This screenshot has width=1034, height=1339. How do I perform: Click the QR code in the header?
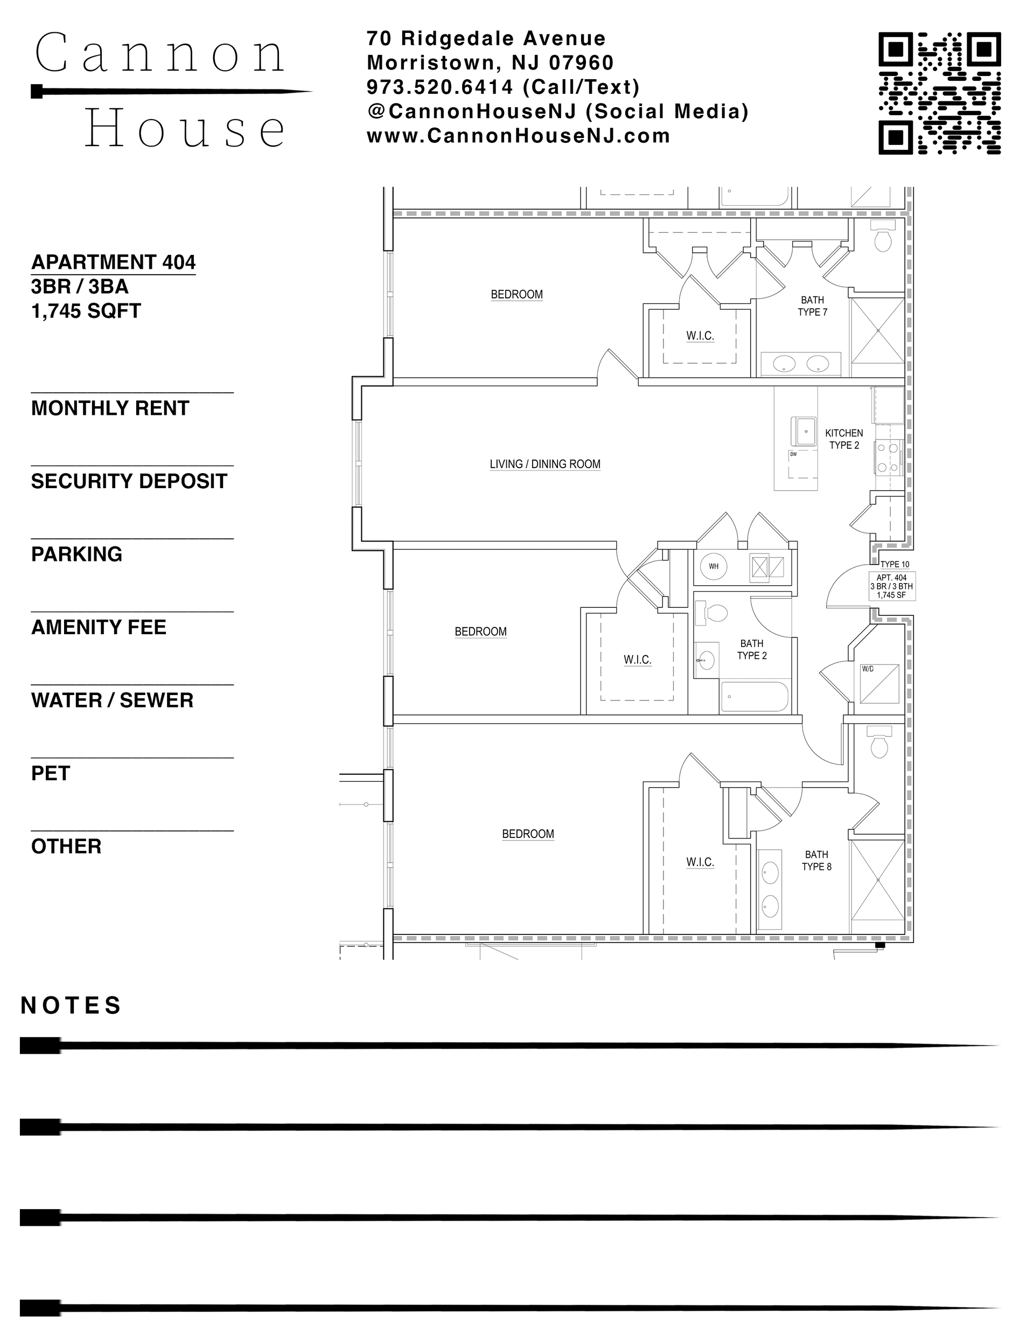pos(939,93)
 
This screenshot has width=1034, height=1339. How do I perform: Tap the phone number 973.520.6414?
pos(439,87)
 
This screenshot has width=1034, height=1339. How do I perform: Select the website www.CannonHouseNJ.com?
pos(519,135)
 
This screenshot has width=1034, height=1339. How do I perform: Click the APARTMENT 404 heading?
pos(114,262)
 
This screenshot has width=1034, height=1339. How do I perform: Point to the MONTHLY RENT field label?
pos(110,408)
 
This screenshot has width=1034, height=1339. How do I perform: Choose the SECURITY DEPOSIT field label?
pos(129,481)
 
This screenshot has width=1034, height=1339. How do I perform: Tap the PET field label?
pos(50,773)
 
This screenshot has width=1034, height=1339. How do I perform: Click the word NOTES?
pos(71,1005)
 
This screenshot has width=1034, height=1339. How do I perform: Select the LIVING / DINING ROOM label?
pos(545,464)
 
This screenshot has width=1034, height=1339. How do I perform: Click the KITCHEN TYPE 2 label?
pos(844,439)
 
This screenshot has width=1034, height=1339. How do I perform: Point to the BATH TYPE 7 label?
pos(812,306)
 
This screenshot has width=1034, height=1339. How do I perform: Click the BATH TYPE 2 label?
pos(751,649)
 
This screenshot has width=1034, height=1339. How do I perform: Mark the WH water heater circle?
pos(714,566)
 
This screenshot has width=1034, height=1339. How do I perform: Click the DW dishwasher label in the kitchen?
pos(793,454)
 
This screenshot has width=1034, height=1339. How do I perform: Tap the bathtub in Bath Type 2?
pos(754,697)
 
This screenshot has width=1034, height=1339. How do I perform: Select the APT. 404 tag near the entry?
pos(892,586)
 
